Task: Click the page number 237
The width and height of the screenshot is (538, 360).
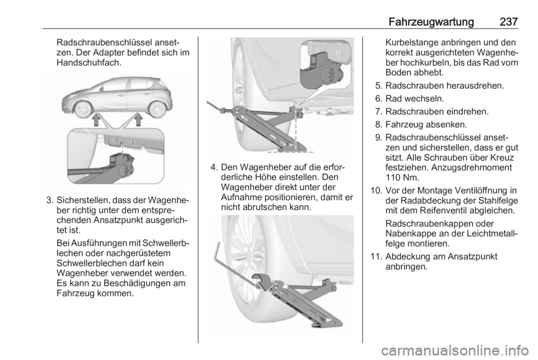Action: point(508,22)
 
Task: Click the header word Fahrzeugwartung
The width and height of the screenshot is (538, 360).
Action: point(432,22)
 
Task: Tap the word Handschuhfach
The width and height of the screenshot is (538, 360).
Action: point(89,63)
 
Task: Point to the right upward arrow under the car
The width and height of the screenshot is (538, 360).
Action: point(138,120)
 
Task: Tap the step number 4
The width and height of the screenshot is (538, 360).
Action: point(214,168)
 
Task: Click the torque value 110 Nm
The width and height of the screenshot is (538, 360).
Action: point(402,178)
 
